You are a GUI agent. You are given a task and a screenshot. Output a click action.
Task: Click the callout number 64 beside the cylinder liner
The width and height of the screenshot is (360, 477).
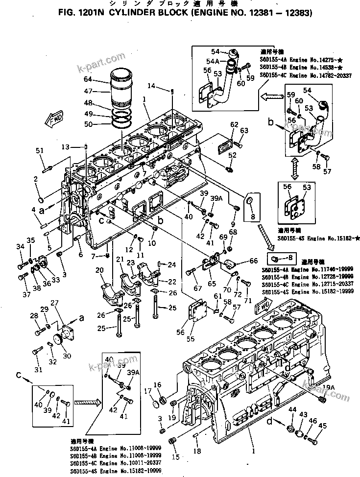[x=88, y=79]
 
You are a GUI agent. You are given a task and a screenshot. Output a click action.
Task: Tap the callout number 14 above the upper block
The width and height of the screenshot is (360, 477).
[x=151, y=86]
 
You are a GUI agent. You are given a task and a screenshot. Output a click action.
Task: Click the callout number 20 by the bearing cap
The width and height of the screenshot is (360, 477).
[x=99, y=270]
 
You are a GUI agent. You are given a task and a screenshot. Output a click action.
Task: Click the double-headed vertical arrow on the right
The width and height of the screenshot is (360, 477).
[x=295, y=168]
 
